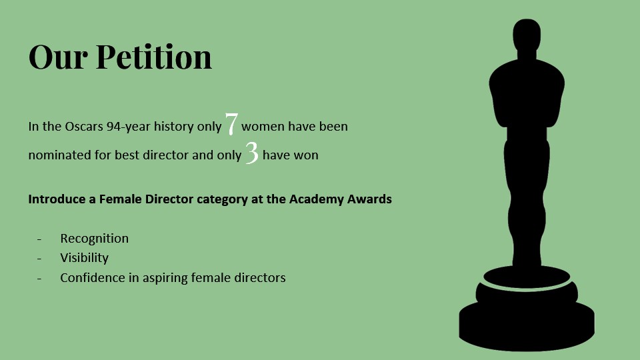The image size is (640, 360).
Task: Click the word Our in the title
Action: click(57, 57)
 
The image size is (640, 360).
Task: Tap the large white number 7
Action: click(231, 124)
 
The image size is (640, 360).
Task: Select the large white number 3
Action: click(252, 153)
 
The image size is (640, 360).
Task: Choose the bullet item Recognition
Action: click(94, 239)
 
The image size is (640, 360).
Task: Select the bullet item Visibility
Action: click(85, 258)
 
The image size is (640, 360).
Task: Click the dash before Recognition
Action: click(39, 239)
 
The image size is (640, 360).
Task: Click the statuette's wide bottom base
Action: click(527, 325)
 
